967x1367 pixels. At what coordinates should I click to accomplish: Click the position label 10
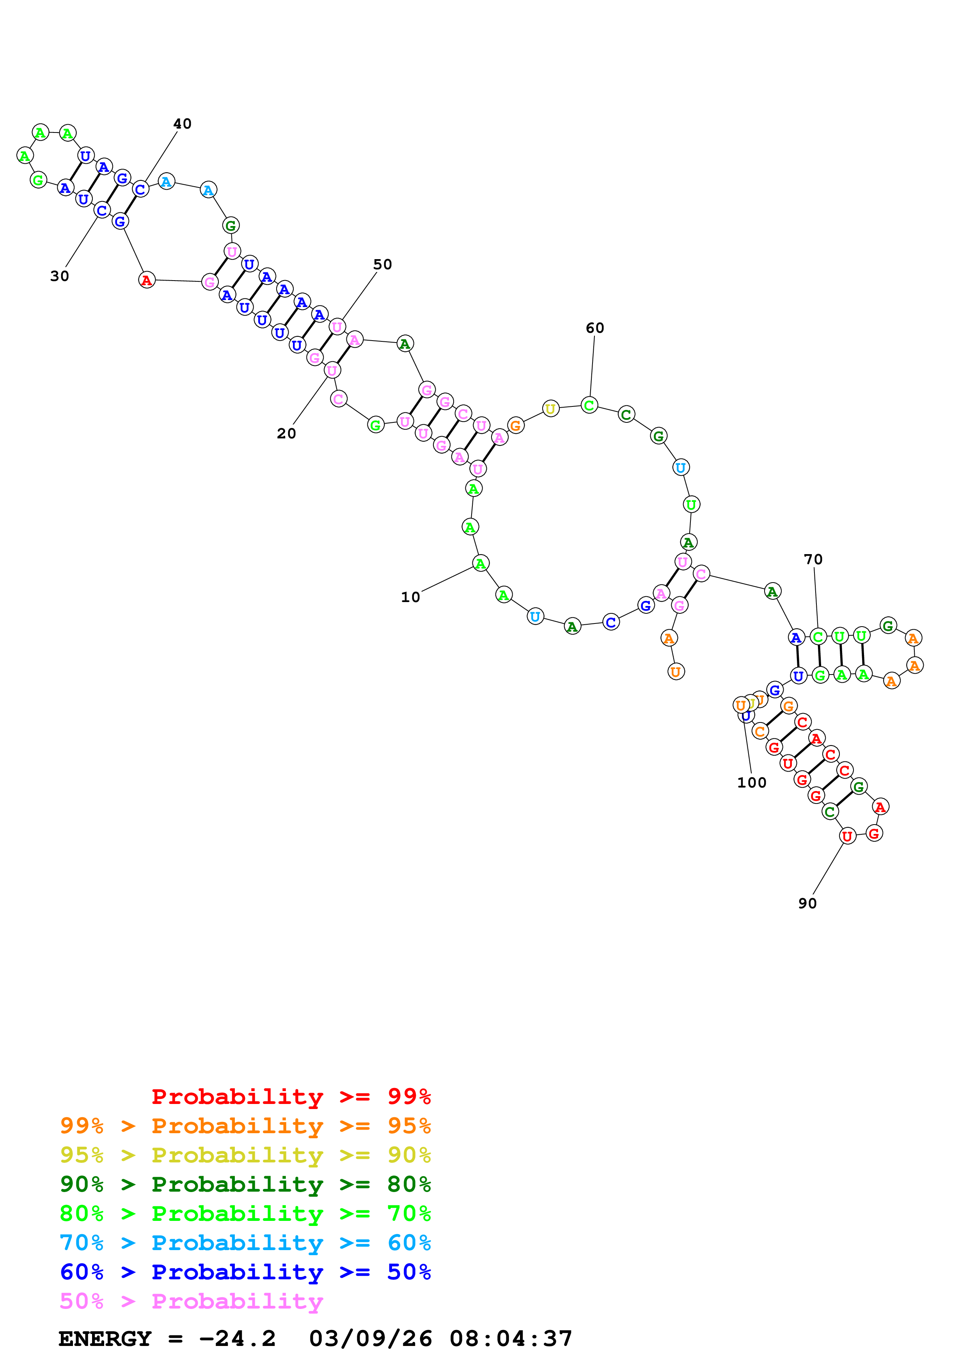(x=410, y=597)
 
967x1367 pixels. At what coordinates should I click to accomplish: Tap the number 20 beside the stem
(x=286, y=433)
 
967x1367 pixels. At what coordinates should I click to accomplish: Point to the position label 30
(x=60, y=276)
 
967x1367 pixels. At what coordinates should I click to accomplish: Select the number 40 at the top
(x=182, y=124)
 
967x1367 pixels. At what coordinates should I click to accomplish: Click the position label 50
(x=383, y=264)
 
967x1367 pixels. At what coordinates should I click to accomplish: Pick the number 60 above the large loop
(x=594, y=328)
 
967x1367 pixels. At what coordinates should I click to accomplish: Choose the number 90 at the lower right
(x=807, y=903)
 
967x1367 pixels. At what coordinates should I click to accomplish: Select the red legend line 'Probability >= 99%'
(x=291, y=1097)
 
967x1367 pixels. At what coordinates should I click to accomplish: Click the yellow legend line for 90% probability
(x=245, y=1155)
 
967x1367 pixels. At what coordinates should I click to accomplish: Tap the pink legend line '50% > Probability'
(x=191, y=1301)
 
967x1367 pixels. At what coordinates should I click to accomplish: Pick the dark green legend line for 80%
(x=245, y=1184)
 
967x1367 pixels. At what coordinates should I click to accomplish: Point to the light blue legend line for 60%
(x=245, y=1243)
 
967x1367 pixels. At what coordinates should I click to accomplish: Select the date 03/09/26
(x=371, y=1339)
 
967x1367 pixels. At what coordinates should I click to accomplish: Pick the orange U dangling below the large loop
(x=676, y=671)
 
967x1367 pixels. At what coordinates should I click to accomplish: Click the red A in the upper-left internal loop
(x=147, y=280)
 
